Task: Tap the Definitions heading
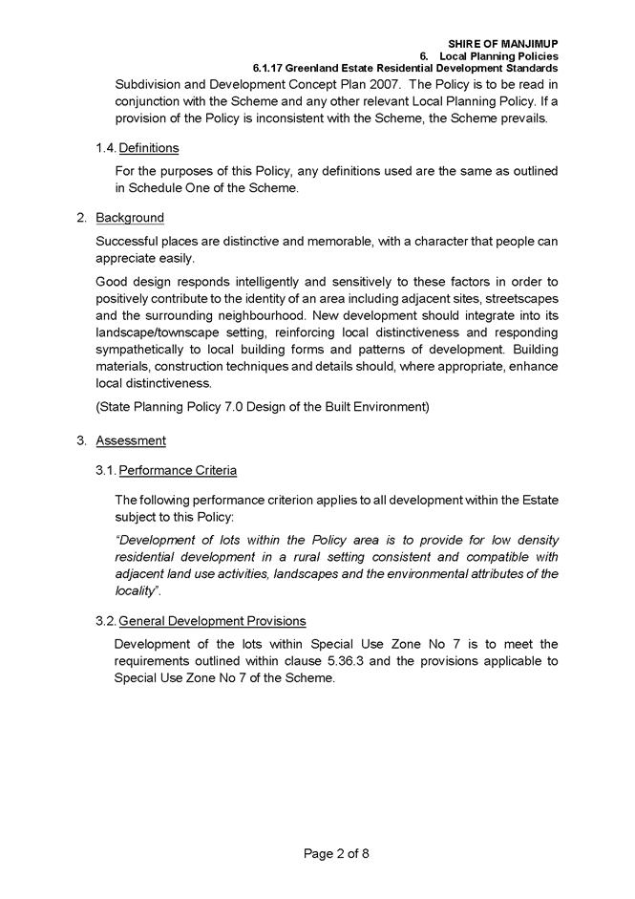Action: point(148,148)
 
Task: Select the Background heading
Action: point(130,218)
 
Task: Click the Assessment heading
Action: point(131,440)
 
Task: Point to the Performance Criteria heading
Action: point(178,470)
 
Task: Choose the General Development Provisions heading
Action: point(212,621)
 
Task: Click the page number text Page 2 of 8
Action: point(336,854)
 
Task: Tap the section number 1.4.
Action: point(105,148)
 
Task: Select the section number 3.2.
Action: point(105,621)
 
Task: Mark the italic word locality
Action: point(140,591)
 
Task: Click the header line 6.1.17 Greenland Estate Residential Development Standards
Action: point(405,69)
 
